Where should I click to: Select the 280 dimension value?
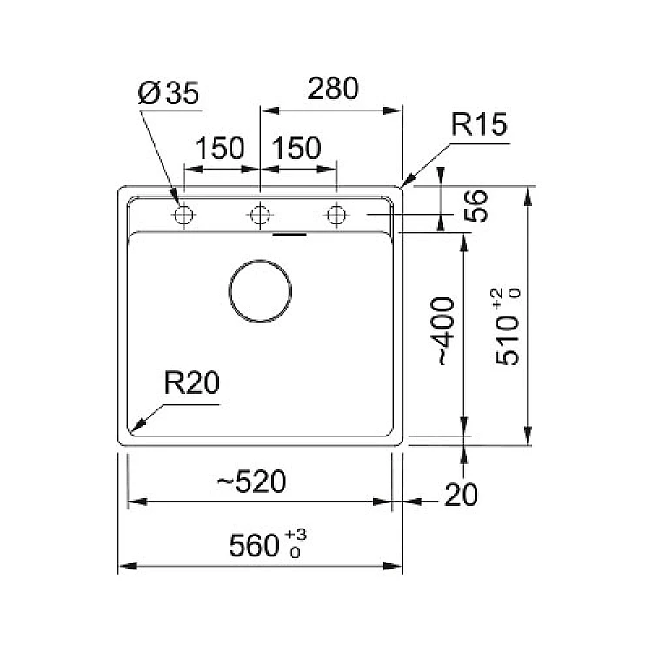coord(331,90)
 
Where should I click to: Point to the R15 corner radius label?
coord(478,127)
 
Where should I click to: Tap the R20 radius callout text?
coord(192,383)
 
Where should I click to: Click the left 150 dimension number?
coord(219,149)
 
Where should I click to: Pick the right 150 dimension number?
coord(296,149)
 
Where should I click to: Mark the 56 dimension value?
coord(474,207)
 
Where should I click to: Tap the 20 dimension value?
coord(462,496)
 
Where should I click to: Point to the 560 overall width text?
coord(253,546)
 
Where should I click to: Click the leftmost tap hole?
coord(183,215)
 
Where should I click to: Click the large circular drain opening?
coord(261,290)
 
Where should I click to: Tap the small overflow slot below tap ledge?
coord(289,234)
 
